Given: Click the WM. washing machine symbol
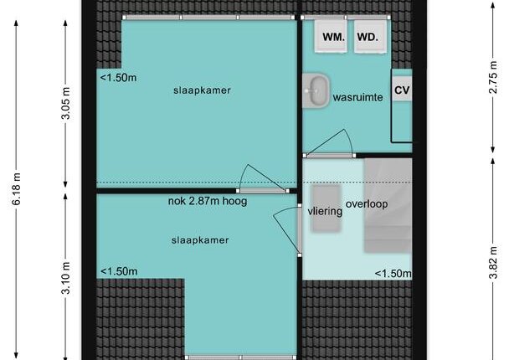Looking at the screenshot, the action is click(331, 36).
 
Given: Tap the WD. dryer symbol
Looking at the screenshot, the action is click(370, 36).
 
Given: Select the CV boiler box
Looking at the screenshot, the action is click(402, 90).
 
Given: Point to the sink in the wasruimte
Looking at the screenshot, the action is click(316, 90).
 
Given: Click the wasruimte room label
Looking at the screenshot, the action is click(357, 97).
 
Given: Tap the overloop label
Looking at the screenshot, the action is click(367, 204).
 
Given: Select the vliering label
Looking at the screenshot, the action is click(325, 212).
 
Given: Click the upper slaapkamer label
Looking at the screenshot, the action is click(202, 90).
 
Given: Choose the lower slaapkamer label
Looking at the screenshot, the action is click(200, 240).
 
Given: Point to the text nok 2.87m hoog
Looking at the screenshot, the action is click(208, 201).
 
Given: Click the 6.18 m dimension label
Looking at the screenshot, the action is click(16, 189).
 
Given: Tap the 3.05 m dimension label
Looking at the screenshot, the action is click(65, 103).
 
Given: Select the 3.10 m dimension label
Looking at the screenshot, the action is click(65, 278).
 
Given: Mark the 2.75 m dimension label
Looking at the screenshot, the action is click(493, 77).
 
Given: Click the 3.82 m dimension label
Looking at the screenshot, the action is click(493, 263).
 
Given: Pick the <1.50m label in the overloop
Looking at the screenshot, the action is click(393, 274).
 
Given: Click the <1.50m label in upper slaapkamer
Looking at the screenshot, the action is click(118, 78).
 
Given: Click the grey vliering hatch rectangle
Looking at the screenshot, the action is click(326, 208).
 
